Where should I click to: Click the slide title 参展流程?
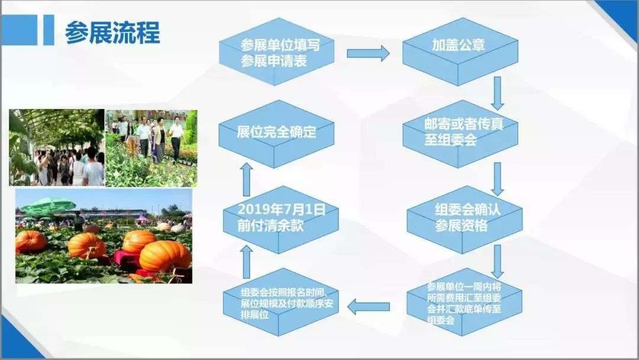[112, 33]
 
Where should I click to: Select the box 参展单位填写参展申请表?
[277, 53]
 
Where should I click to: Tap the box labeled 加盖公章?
[459, 47]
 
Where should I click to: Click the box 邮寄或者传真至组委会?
[459, 133]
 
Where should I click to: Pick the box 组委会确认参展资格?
[464, 218]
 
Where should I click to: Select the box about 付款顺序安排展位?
[280, 303]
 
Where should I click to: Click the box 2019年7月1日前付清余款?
[280, 218]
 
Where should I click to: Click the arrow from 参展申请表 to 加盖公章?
[368, 53]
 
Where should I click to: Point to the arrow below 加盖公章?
[498, 93]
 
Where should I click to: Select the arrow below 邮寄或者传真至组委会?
[498, 178]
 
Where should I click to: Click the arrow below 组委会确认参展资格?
[498, 261]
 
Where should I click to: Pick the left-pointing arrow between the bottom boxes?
[368, 307]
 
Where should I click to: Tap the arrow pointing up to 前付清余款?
[247, 261]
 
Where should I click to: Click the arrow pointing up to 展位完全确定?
[247, 179]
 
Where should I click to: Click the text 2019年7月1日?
[273, 210]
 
